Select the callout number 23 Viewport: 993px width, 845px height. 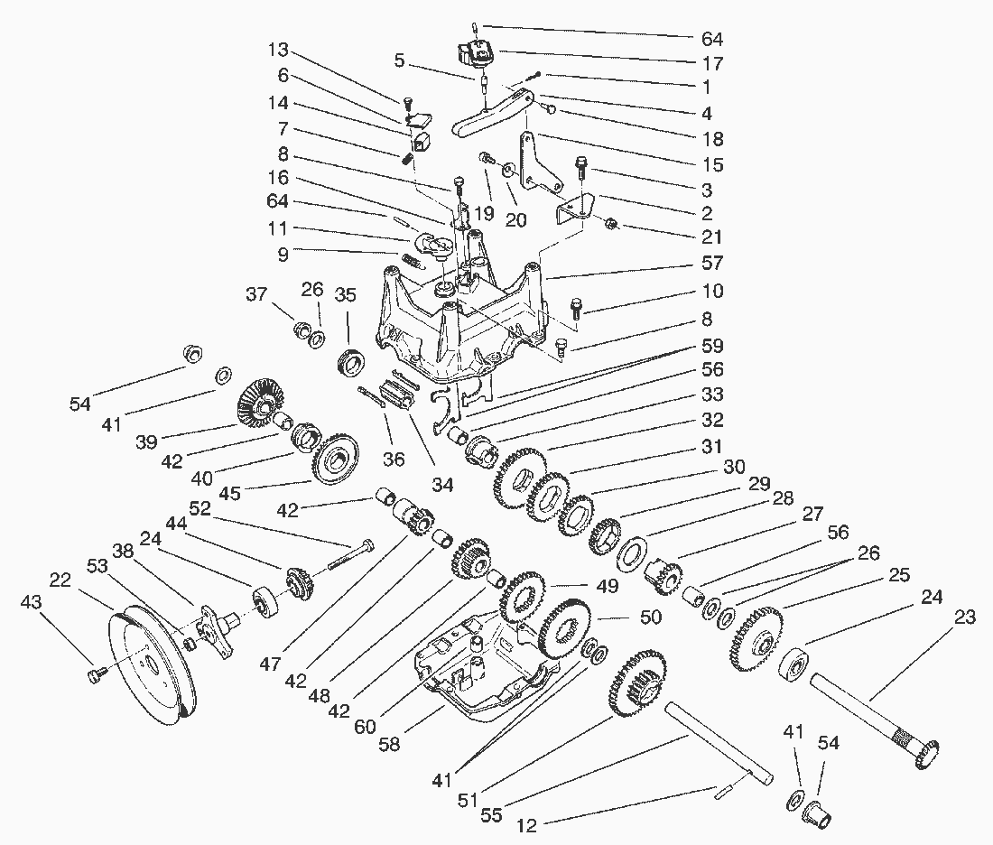pyautogui.click(x=965, y=619)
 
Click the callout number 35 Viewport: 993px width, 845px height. pyautogui.click(x=346, y=294)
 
